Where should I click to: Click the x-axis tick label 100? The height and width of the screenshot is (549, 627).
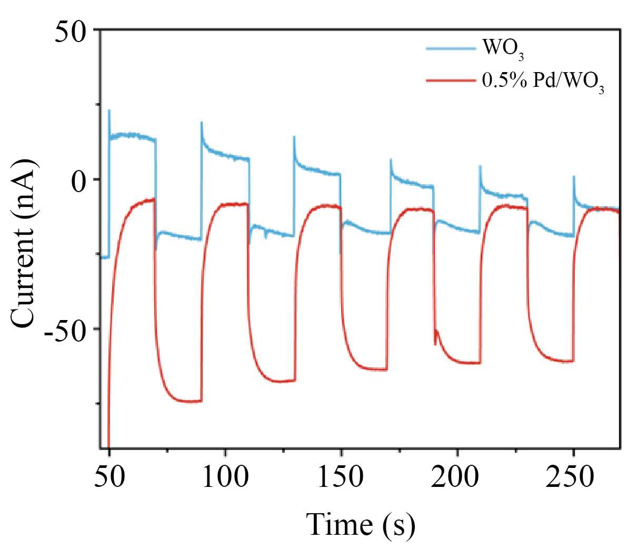(x=225, y=478)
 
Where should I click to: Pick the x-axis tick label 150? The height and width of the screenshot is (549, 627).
(x=342, y=478)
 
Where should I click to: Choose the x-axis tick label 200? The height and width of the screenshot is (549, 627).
(x=457, y=478)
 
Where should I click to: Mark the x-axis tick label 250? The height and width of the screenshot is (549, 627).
(x=573, y=478)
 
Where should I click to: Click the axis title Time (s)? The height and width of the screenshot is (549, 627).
(x=361, y=525)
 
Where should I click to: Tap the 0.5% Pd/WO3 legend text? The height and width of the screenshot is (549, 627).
(x=543, y=83)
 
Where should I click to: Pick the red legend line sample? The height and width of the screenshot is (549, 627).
(x=451, y=81)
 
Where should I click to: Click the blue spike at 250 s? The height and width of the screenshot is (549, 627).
(x=574, y=177)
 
